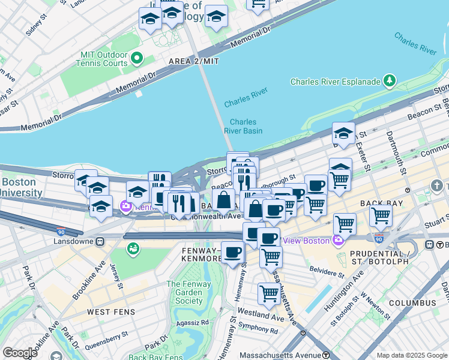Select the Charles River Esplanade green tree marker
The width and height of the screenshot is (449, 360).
tap(390, 80)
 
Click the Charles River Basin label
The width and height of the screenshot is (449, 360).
tap(243, 126)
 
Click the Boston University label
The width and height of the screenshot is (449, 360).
tap(21, 188)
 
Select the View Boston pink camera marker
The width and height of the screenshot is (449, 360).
tap(338, 241)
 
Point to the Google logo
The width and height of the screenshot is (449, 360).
tap(20, 353)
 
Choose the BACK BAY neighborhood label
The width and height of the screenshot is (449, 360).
tap(376, 203)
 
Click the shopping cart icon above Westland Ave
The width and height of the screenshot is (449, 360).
tap(268, 294)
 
